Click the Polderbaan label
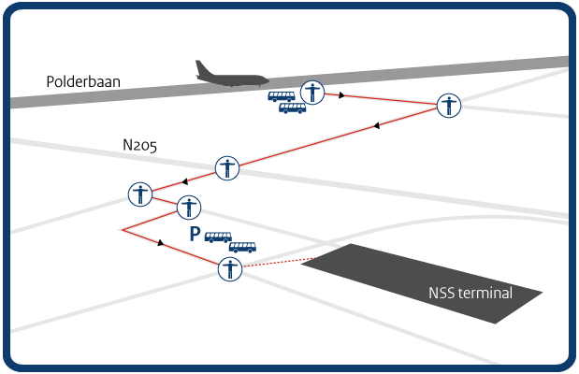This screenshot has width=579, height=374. point(78,81)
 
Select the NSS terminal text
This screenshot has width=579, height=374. point(470,294)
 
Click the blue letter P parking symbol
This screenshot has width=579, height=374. point(195,235)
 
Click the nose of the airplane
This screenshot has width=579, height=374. point(268,81)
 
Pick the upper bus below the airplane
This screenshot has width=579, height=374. point(282,96)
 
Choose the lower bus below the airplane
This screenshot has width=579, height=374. point(292,108)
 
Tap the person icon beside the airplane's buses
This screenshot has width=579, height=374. point(311,92)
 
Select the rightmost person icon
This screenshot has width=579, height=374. point(450,105)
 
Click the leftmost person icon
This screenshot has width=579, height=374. point(139,194)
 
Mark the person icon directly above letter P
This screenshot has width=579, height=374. point(190,207)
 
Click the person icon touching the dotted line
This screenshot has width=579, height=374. point(230,269)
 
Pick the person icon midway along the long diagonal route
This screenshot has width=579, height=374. point(227,168)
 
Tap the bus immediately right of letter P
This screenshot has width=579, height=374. point(218,237)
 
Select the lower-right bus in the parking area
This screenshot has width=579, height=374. point(242,248)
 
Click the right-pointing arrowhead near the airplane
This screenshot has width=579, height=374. point(343,95)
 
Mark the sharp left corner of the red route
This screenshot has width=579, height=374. point(123,229)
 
